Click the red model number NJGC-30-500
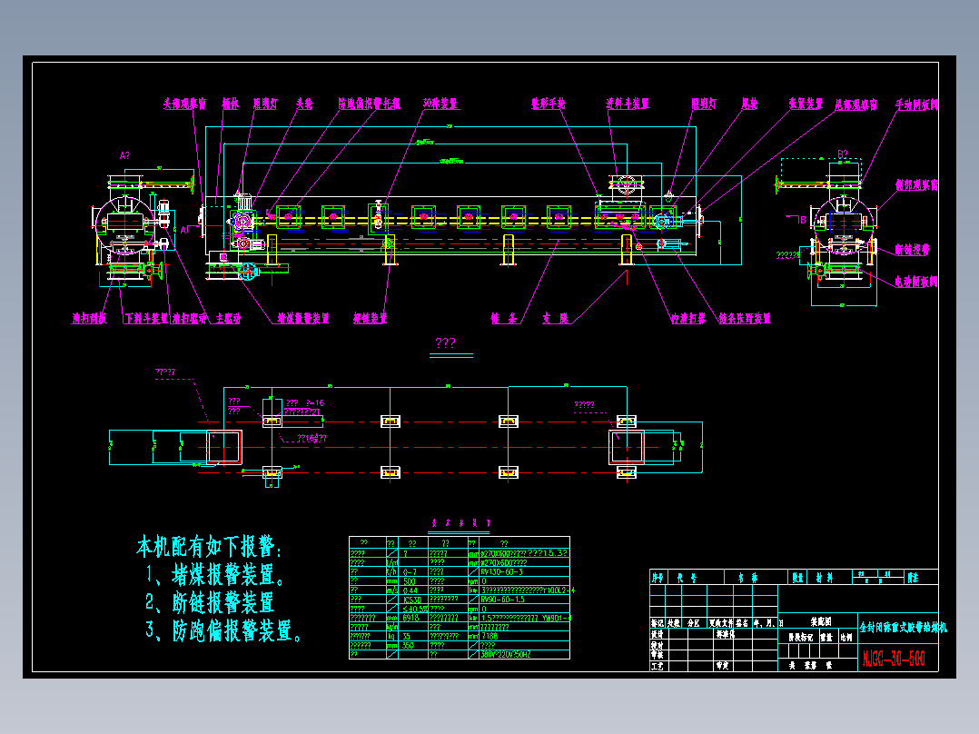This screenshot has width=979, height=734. pos(894,658)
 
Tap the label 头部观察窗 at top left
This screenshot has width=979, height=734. pos(184,104)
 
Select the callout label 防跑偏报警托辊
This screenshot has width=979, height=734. pos(369,104)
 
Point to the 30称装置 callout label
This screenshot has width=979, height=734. pos(440,104)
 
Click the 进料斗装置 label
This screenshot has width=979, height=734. pos(628,104)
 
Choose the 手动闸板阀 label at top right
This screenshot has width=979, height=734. pos(916,104)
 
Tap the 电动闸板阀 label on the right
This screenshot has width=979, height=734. pos(915,283)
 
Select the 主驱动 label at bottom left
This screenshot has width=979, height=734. pos(227,319)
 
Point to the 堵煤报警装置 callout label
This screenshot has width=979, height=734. pos(302,319)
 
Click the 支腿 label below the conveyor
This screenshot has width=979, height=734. pos(555,319)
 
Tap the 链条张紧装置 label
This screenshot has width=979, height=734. pos(744,319)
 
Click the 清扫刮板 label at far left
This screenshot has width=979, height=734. pos(90,319)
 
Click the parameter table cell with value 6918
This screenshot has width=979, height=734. pos(412,618)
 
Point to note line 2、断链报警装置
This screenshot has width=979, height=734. pos(210,602)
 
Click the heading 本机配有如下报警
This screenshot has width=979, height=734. pos(210,547)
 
